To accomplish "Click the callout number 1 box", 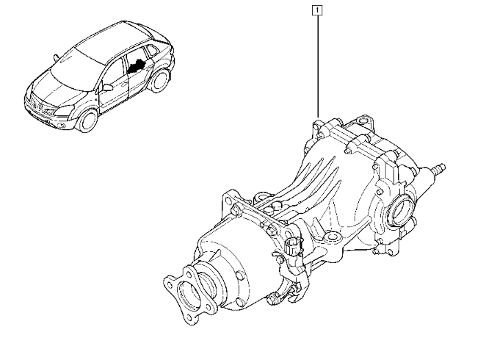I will point(316,10).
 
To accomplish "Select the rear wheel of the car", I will point(159,80).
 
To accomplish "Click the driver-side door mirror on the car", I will point(108,87).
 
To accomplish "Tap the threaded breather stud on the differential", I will point(438,168).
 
